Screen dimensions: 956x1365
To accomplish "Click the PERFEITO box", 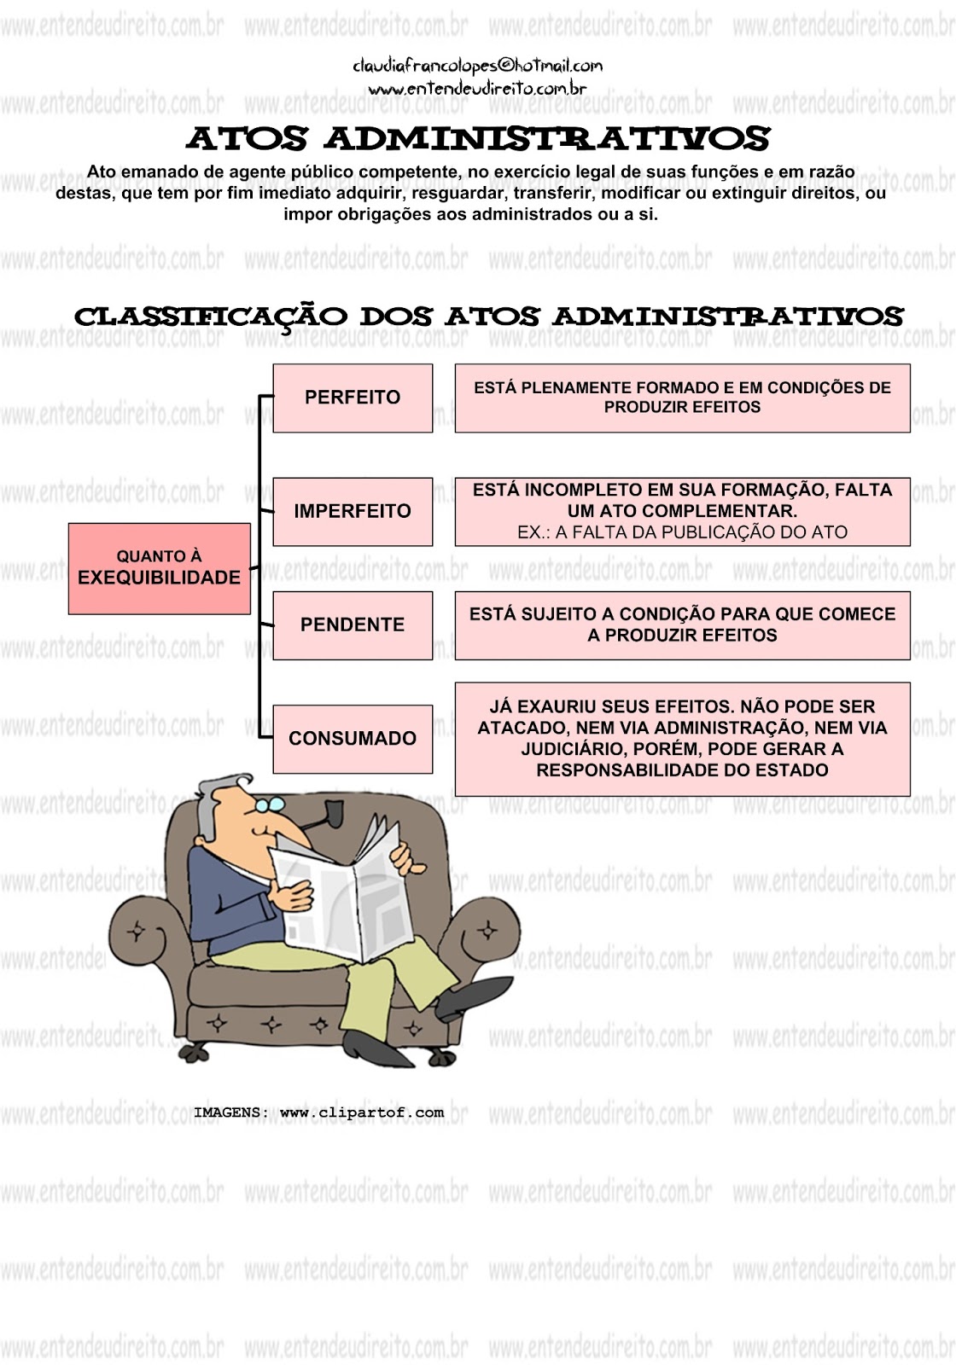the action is point(353,398).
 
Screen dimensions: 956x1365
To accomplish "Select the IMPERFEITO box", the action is point(353,511).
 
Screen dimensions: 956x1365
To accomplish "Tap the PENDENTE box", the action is point(353,624).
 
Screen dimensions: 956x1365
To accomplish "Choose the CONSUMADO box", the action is point(353,739).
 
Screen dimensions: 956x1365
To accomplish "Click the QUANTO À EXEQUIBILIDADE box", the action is point(159,568).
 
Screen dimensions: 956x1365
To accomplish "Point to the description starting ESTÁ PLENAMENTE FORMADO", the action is point(682,398).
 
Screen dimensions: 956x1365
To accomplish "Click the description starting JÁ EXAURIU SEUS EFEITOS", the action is point(682,739).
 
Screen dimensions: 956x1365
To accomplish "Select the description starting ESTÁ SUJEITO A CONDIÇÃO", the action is point(682,624).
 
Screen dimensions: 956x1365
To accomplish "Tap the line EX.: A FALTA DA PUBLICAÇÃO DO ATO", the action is point(682,532).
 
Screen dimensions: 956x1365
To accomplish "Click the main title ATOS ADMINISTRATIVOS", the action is point(478,138).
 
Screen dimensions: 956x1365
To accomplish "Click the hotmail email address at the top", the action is point(477,66).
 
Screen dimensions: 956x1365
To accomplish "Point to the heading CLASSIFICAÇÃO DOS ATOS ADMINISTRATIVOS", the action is point(488,317).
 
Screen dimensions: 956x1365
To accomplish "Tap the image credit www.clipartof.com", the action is point(362,1112).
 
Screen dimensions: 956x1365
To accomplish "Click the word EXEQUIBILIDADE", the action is point(159,578).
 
